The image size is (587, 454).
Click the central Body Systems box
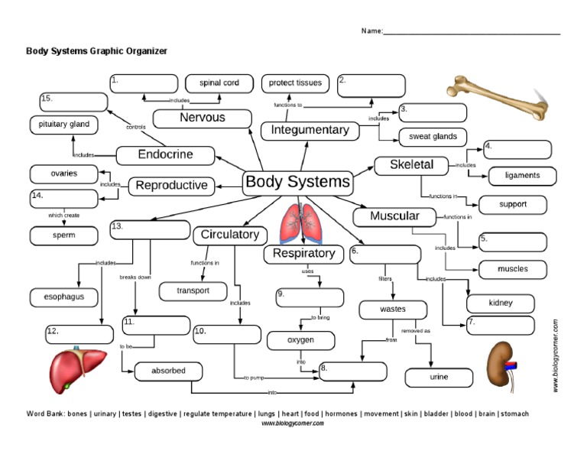297,182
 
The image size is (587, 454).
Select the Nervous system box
202,118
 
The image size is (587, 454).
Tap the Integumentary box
310,130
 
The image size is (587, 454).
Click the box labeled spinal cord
219,83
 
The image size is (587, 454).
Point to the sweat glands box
433,137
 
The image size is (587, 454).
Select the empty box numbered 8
352,371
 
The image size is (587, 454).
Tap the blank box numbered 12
79,334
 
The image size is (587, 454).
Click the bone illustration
497,98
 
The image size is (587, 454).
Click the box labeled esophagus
63,296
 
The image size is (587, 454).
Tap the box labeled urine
438,377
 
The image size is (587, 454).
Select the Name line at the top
471,32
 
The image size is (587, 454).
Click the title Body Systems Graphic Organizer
97,51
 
